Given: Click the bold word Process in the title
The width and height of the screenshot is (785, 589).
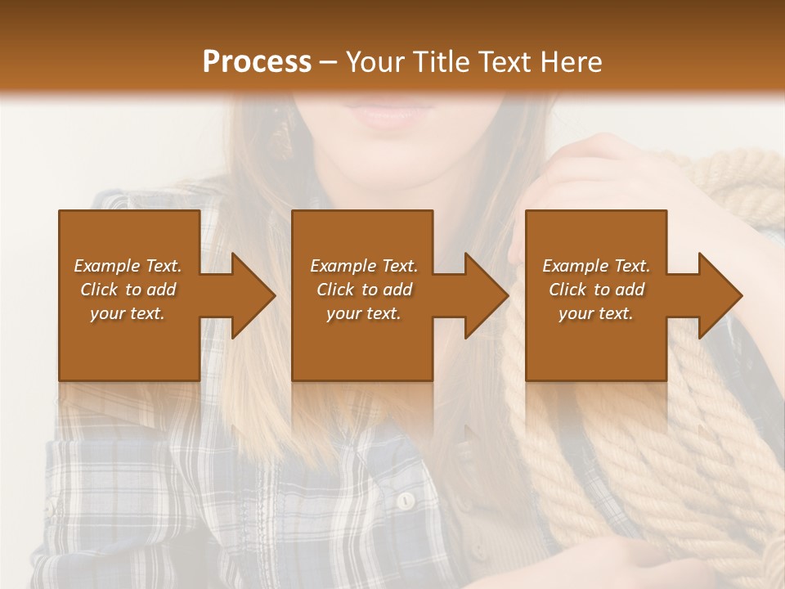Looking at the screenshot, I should pos(257,62).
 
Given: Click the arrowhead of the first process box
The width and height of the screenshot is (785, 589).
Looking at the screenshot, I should pos(253,295).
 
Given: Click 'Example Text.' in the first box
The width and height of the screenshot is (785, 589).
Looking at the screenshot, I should pos(128,266).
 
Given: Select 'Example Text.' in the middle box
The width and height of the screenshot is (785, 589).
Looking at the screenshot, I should pos(364,266).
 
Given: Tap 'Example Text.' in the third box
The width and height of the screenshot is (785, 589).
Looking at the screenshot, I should pos(596,266).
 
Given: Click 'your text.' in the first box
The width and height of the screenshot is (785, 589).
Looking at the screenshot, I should pos(128,313).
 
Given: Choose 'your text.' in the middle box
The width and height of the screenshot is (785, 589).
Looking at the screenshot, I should pos(364,313).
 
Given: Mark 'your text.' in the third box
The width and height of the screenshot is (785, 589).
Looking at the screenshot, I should pos(596,313).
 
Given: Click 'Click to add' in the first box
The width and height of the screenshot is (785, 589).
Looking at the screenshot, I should pos(128,290).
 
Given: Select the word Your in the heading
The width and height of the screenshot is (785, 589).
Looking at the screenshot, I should pos(373,62).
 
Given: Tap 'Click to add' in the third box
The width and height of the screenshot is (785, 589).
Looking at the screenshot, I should pos(596,290).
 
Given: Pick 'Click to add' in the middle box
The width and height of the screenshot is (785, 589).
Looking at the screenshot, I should pos(364,290).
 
